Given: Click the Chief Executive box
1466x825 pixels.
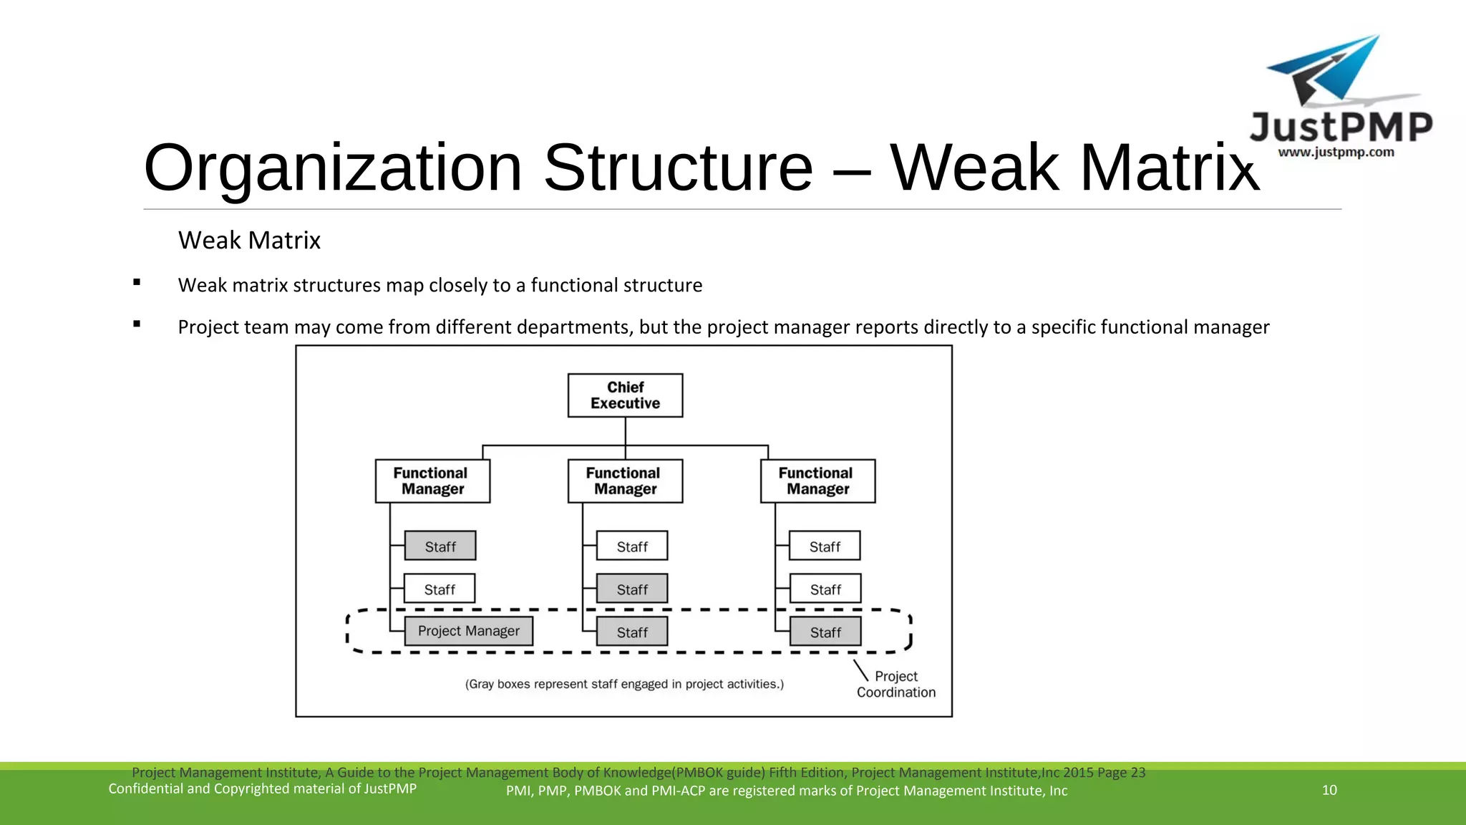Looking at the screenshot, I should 625,395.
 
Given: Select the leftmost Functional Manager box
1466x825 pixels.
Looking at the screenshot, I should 432,481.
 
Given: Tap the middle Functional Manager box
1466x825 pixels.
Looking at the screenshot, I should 625,481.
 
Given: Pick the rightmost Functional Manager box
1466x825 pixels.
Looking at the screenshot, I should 817,481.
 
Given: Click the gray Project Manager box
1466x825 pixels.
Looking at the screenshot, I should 468,631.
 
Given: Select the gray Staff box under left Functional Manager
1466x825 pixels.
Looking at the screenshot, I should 440,546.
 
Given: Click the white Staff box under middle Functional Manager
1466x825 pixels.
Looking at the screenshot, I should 632,546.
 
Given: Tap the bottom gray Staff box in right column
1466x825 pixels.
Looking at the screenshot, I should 825,632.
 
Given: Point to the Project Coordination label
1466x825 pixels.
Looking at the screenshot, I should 895,684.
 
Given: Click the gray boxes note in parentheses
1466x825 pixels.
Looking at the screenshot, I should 624,684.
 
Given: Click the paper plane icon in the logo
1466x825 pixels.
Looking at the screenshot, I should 1328,72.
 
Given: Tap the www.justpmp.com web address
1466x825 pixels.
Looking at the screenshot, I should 1336,152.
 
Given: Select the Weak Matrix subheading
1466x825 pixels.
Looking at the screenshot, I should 249,240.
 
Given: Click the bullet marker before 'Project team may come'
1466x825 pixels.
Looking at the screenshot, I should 137,324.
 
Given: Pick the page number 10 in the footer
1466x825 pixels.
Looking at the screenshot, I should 1329,790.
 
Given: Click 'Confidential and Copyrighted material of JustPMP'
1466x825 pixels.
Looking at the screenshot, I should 262,788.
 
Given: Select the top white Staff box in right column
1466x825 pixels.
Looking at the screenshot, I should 825,546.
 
